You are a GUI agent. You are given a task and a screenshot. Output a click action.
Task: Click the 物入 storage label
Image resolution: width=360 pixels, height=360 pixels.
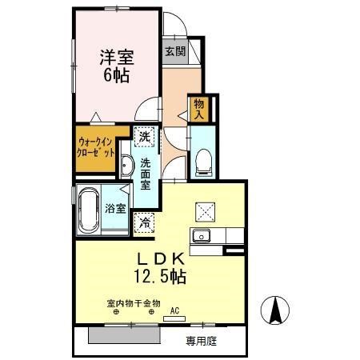click(198, 108)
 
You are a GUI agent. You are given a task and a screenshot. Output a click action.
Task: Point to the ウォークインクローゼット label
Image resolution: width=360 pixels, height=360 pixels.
click(97, 148)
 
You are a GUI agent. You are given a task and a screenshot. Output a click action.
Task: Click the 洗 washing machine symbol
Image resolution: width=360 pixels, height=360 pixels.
click(144, 137)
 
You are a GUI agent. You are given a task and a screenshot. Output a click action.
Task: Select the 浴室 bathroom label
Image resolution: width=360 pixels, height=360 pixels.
click(115, 209)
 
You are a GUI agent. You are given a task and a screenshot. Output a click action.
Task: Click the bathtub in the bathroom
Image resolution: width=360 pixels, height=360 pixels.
click(88, 210)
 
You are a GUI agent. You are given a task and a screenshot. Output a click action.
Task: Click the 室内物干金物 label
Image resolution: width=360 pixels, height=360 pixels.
click(133, 303)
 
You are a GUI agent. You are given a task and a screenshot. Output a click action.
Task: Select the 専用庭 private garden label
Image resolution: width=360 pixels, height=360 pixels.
click(202, 340)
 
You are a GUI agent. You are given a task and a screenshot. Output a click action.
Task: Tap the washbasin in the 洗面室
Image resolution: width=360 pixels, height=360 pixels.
click(128, 166)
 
